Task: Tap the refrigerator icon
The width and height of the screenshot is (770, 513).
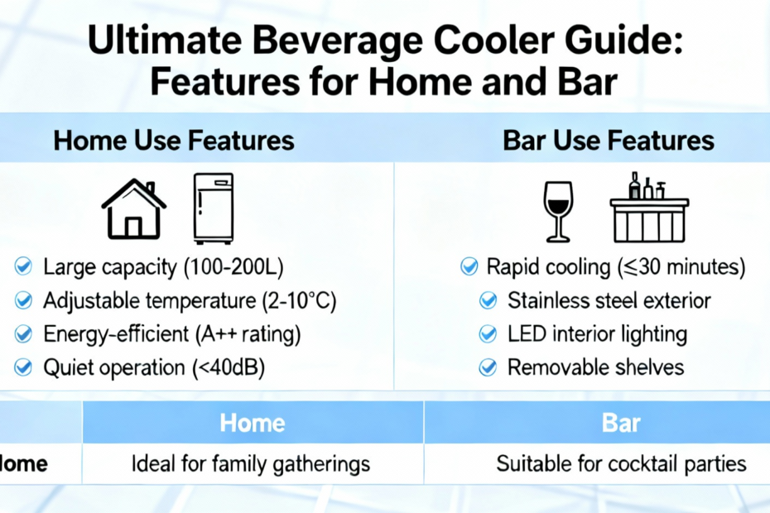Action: [x=213, y=209]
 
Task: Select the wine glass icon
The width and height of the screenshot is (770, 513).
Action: [x=558, y=212]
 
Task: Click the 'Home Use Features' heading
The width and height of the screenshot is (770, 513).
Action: [x=174, y=141]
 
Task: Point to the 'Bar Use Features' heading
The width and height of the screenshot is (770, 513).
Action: [x=609, y=141]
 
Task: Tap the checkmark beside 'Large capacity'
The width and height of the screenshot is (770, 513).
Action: [x=23, y=266]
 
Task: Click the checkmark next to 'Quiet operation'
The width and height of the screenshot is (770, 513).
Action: [x=23, y=367]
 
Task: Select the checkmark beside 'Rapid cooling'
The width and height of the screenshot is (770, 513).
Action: [x=469, y=266]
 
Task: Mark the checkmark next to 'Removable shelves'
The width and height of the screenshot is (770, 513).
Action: [x=488, y=367]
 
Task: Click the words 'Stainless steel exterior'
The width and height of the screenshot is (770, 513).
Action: [x=609, y=300]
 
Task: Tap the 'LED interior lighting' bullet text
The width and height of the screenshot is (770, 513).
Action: [x=597, y=334]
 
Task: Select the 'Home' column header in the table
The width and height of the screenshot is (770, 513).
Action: [x=253, y=423]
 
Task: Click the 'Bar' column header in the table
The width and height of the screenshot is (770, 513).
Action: [x=621, y=423]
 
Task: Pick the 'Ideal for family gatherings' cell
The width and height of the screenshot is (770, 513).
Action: [x=250, y=464]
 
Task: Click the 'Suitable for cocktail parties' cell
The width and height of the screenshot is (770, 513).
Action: [x=621, y=464]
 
